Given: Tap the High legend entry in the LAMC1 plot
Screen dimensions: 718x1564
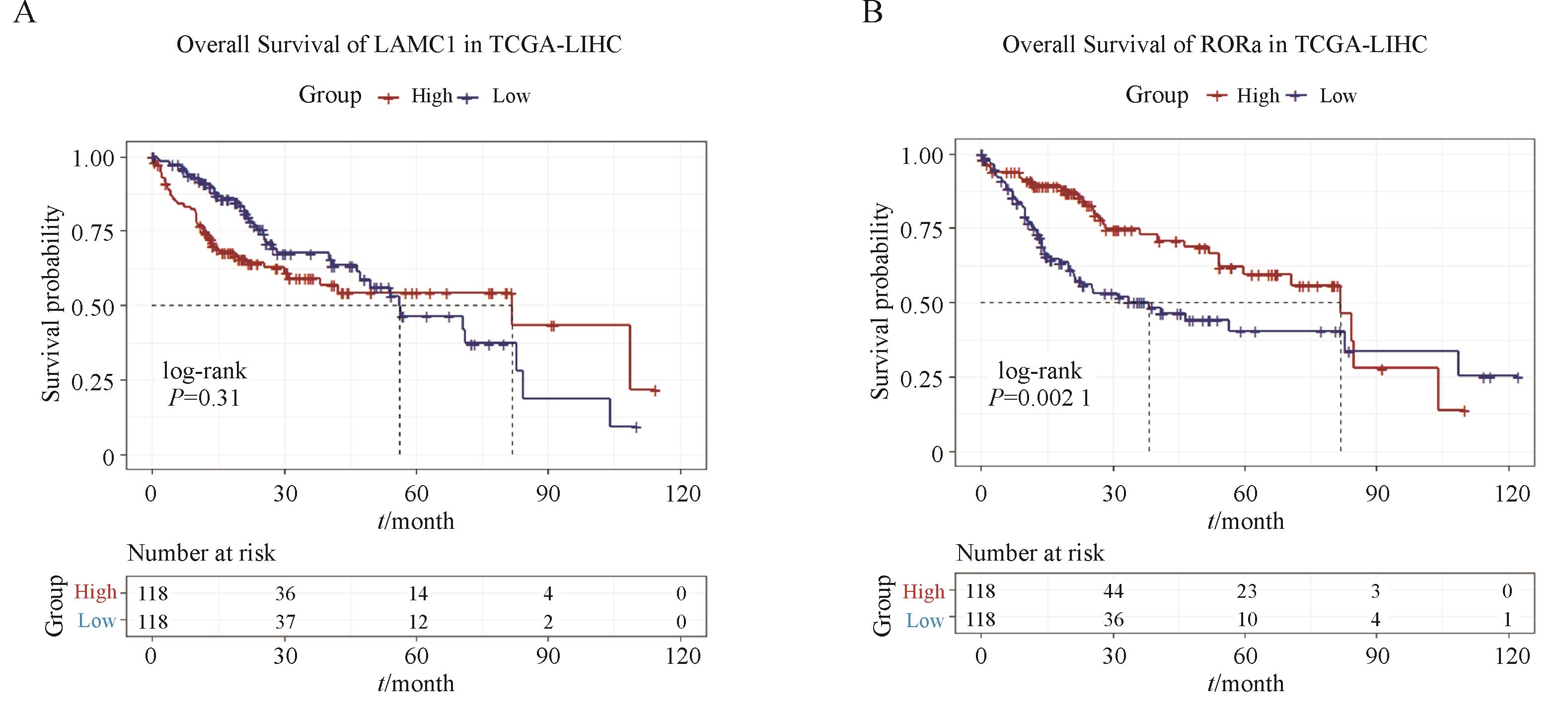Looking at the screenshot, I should (431, 96).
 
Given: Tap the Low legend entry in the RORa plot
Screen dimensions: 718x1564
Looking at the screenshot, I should (1338, 96).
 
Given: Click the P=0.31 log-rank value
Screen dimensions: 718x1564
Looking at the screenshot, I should (205, 398).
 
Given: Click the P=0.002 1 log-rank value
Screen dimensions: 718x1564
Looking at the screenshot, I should (1040, 398).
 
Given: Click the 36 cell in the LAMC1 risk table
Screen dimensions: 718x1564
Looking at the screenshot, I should (286, 593).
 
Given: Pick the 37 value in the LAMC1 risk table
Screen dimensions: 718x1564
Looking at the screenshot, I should (286, 622).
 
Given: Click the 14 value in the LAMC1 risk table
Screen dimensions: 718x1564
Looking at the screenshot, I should (418, 593).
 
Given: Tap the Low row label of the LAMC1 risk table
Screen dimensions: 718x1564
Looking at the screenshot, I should (96, 621).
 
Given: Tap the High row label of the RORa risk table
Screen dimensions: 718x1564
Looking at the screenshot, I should (923, 591).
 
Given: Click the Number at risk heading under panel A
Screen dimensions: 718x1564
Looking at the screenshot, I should (201, 553).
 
